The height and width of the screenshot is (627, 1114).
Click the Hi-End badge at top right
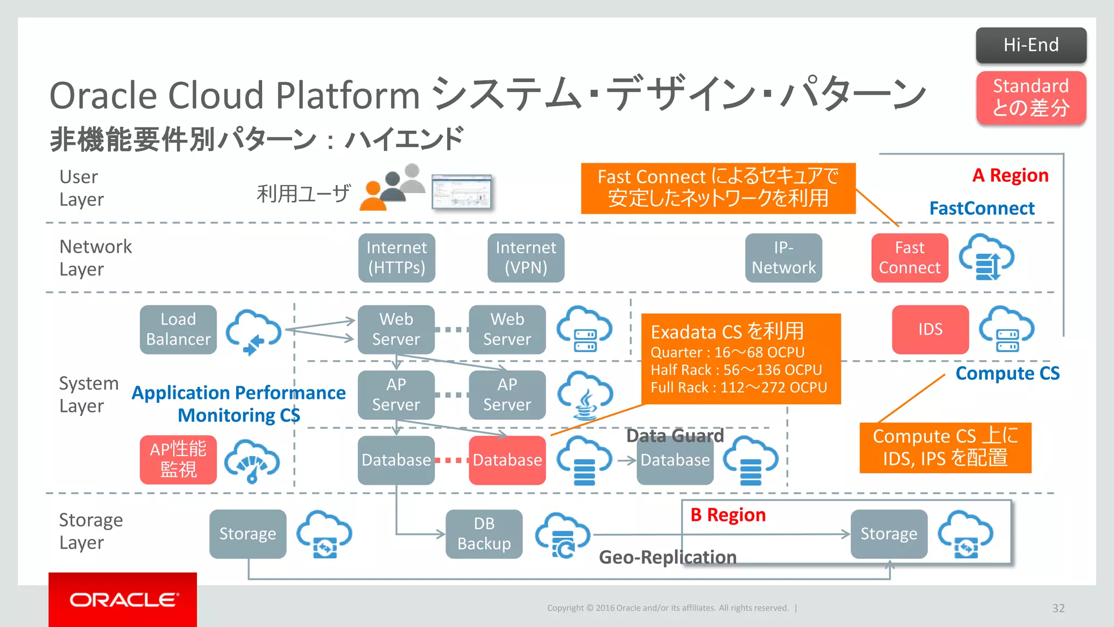[x=1031, y=45]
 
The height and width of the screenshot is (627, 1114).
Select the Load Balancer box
[x=178, y=329]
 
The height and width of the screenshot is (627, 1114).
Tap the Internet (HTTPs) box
[x=397, y=257]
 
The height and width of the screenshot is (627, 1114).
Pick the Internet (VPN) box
[x=525, y=257]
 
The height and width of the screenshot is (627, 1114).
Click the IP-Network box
[x=783, y=257]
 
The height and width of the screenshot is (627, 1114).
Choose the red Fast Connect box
[x=909, y=257]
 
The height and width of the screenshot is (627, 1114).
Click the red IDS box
[x=930, y=329]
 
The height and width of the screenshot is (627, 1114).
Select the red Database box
[x=507, y=460]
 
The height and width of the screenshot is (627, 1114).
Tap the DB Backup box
[x=484, y=533]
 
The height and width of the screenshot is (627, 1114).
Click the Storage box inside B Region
[x=889, y=533]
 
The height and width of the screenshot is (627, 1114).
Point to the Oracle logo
[x=123, y=599]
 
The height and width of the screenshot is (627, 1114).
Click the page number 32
[x=1058, y=608]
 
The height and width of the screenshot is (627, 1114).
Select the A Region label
[x=1010, y=175]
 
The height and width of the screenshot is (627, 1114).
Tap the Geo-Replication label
[x=667, y=557]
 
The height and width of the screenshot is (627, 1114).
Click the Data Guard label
[x=674, y=435]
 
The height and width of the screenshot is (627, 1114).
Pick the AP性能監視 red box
[x=178, y=459]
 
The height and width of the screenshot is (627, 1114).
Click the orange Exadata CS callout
[x=741, y=359]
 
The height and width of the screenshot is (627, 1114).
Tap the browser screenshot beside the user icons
[x=461, y=192]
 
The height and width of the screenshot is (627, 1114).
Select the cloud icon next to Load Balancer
[x=253, y=330]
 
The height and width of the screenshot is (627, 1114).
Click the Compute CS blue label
[x=1007, y=373]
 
